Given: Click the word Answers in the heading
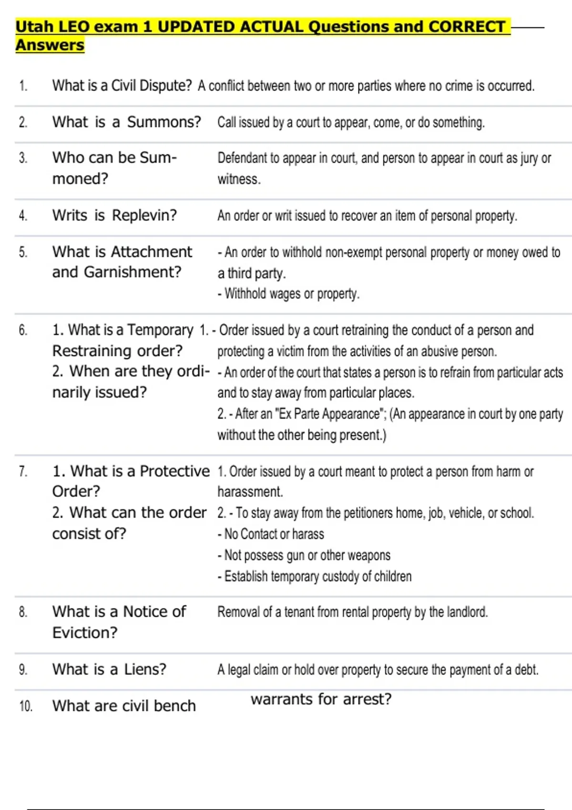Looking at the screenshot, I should coord(50,45).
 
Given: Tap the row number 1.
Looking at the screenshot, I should coord(23,86).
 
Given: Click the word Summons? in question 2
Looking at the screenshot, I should coord(164,122).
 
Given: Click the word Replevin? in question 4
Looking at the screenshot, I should coord(144,215).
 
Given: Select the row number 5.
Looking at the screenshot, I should coord(23,252).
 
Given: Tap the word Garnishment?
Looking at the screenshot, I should coord(133,272).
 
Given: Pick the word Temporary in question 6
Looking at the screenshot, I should coord(160,330).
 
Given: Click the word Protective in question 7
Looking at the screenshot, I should coord(174,471).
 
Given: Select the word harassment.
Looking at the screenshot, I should coord(250,492).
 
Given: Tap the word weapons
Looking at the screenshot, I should coord(369,555).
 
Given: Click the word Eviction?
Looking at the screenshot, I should coord(85,633).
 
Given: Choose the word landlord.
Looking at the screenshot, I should coord(467,612).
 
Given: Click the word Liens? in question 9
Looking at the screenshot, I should coord(145,669).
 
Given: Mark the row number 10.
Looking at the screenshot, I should coord(25,706).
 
